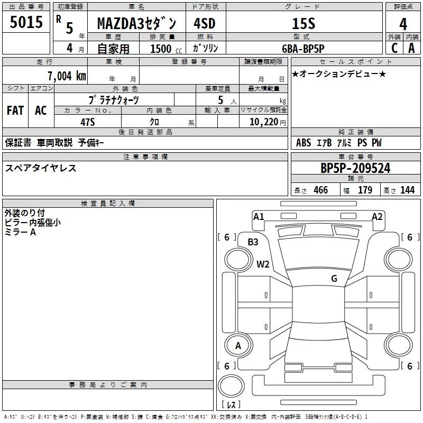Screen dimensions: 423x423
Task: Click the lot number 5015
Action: [26, 22]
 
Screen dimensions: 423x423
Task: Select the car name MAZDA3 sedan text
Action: [136, 24]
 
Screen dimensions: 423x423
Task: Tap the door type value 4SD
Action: [205, 23]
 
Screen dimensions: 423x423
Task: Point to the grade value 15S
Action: [304, 24]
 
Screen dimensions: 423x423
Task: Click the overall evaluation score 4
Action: [403, 24]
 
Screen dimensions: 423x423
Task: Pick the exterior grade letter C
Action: [394, 48]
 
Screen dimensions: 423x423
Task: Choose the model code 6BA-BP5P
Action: [303, 49]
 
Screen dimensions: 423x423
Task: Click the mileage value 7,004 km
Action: [67, 76]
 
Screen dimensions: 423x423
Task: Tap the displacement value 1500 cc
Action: [166, 49]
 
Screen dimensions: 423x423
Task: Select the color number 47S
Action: [88, 122]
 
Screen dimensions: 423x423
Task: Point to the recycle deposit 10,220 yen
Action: [268, 122]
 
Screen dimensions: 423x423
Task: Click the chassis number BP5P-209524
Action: [355, 168]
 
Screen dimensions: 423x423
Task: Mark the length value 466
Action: [321, 190]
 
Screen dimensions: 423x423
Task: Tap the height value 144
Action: [407, 190]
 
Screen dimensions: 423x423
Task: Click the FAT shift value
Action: [15, 111]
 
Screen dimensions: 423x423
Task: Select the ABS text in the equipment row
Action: [304, 143]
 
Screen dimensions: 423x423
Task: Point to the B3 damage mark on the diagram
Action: [253, 242]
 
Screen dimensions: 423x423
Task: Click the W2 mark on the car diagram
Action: [263, 264]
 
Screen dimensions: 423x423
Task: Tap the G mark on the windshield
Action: [334, 278]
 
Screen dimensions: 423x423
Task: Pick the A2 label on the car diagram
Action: [377, 217]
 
